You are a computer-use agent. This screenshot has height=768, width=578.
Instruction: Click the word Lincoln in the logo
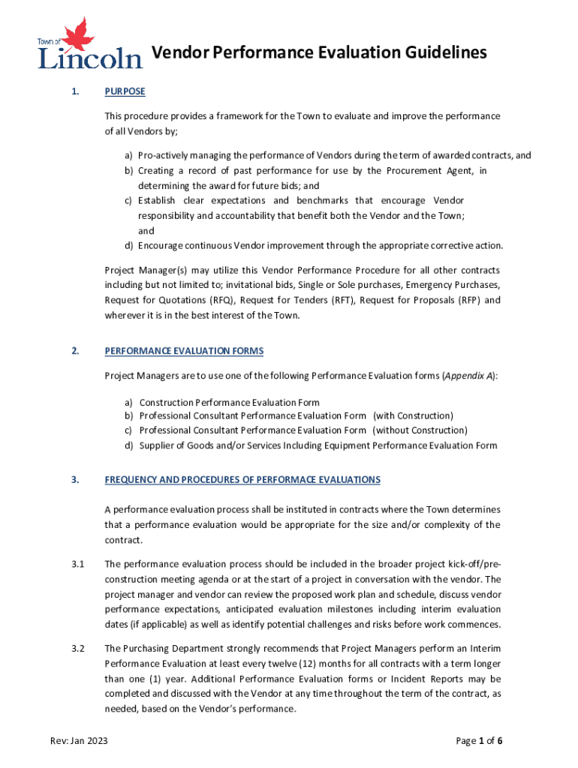click(90, 58)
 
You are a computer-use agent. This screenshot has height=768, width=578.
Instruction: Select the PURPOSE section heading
click(125, 91)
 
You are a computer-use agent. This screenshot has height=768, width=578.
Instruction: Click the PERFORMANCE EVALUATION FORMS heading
click(184, 351)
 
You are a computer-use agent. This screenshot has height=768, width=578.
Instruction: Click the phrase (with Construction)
click(414, 415)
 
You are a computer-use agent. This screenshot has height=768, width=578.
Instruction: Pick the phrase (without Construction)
click(420, 430)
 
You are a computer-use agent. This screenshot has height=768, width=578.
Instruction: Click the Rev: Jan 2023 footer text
click(79, 741)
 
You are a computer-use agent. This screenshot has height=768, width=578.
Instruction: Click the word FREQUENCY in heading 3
click(132, 480)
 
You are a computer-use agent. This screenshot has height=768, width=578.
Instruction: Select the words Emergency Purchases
click(451, 285)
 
